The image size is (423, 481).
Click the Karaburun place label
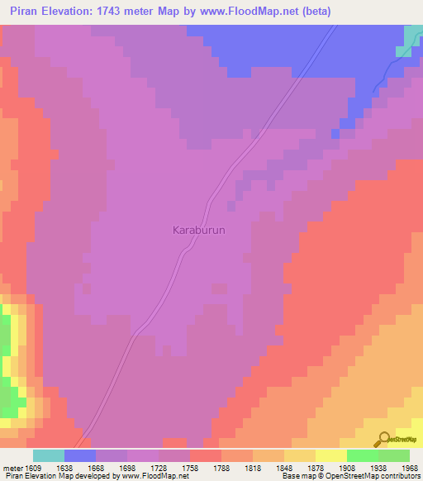coord(198,230)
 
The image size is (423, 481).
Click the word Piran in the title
coord(21,11)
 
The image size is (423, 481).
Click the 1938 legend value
coord(363,469)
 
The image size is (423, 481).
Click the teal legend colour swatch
coord(49,455)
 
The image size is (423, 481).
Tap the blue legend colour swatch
coord(80,455)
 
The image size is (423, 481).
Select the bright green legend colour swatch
coord(363,455)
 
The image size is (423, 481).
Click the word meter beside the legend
coord(12,469)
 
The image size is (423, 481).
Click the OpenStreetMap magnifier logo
coord(383,439)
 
